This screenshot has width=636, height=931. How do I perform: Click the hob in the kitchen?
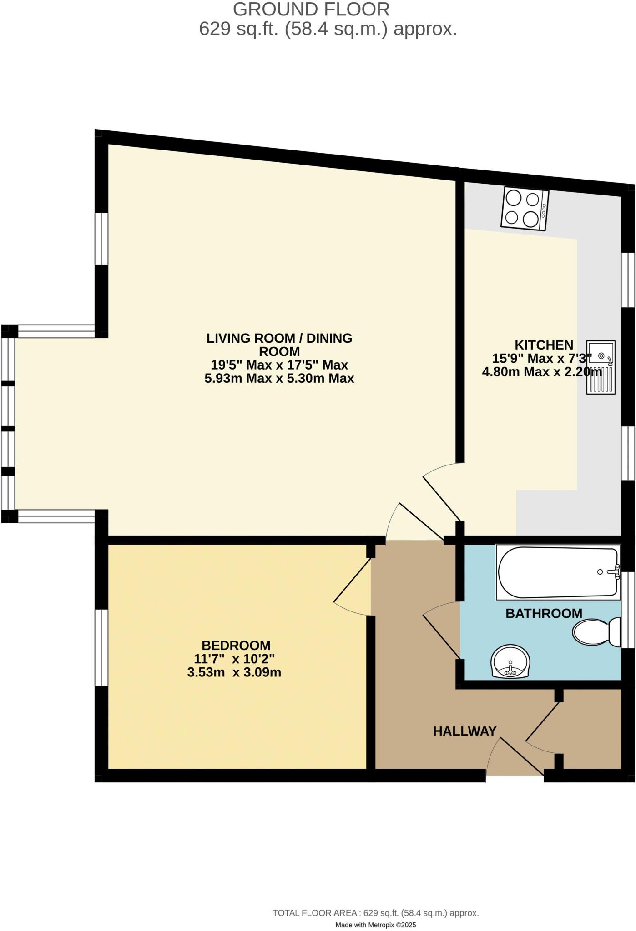coord(525,210)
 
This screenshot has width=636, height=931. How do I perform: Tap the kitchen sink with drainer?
coord(601,367)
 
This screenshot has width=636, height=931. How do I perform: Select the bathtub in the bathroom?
coord(558,572)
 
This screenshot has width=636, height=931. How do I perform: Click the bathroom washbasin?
coord(511,661)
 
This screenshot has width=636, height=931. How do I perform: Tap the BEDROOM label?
coord(236,645)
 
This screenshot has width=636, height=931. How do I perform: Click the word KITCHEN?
coord(544,345)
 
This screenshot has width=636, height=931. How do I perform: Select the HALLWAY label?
coord(464,731)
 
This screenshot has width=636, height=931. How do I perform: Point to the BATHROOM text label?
coord(544,613)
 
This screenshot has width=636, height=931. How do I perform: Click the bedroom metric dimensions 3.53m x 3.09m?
coord(234,672)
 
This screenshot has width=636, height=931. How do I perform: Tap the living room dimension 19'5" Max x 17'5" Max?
coord(279,365)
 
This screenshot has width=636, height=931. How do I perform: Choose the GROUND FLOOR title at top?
coord(311,9)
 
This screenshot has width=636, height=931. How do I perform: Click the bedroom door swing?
coord(353,586)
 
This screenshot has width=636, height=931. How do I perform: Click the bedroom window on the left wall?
coord(101,647)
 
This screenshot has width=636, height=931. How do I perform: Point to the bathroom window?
coord(628,609)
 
